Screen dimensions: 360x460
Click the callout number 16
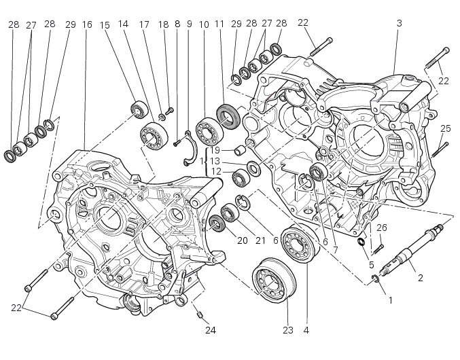coord(87,24)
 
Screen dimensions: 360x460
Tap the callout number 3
coord(399,23)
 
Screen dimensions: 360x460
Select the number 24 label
coord(211,331)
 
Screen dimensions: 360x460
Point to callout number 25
coord(445,128)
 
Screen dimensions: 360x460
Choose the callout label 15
coord(105,24)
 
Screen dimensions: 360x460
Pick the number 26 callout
coord(381,228)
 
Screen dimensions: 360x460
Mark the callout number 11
coord(219,24)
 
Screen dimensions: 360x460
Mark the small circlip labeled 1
coord(376,280)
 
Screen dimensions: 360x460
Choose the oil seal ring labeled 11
coord(228,117)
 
